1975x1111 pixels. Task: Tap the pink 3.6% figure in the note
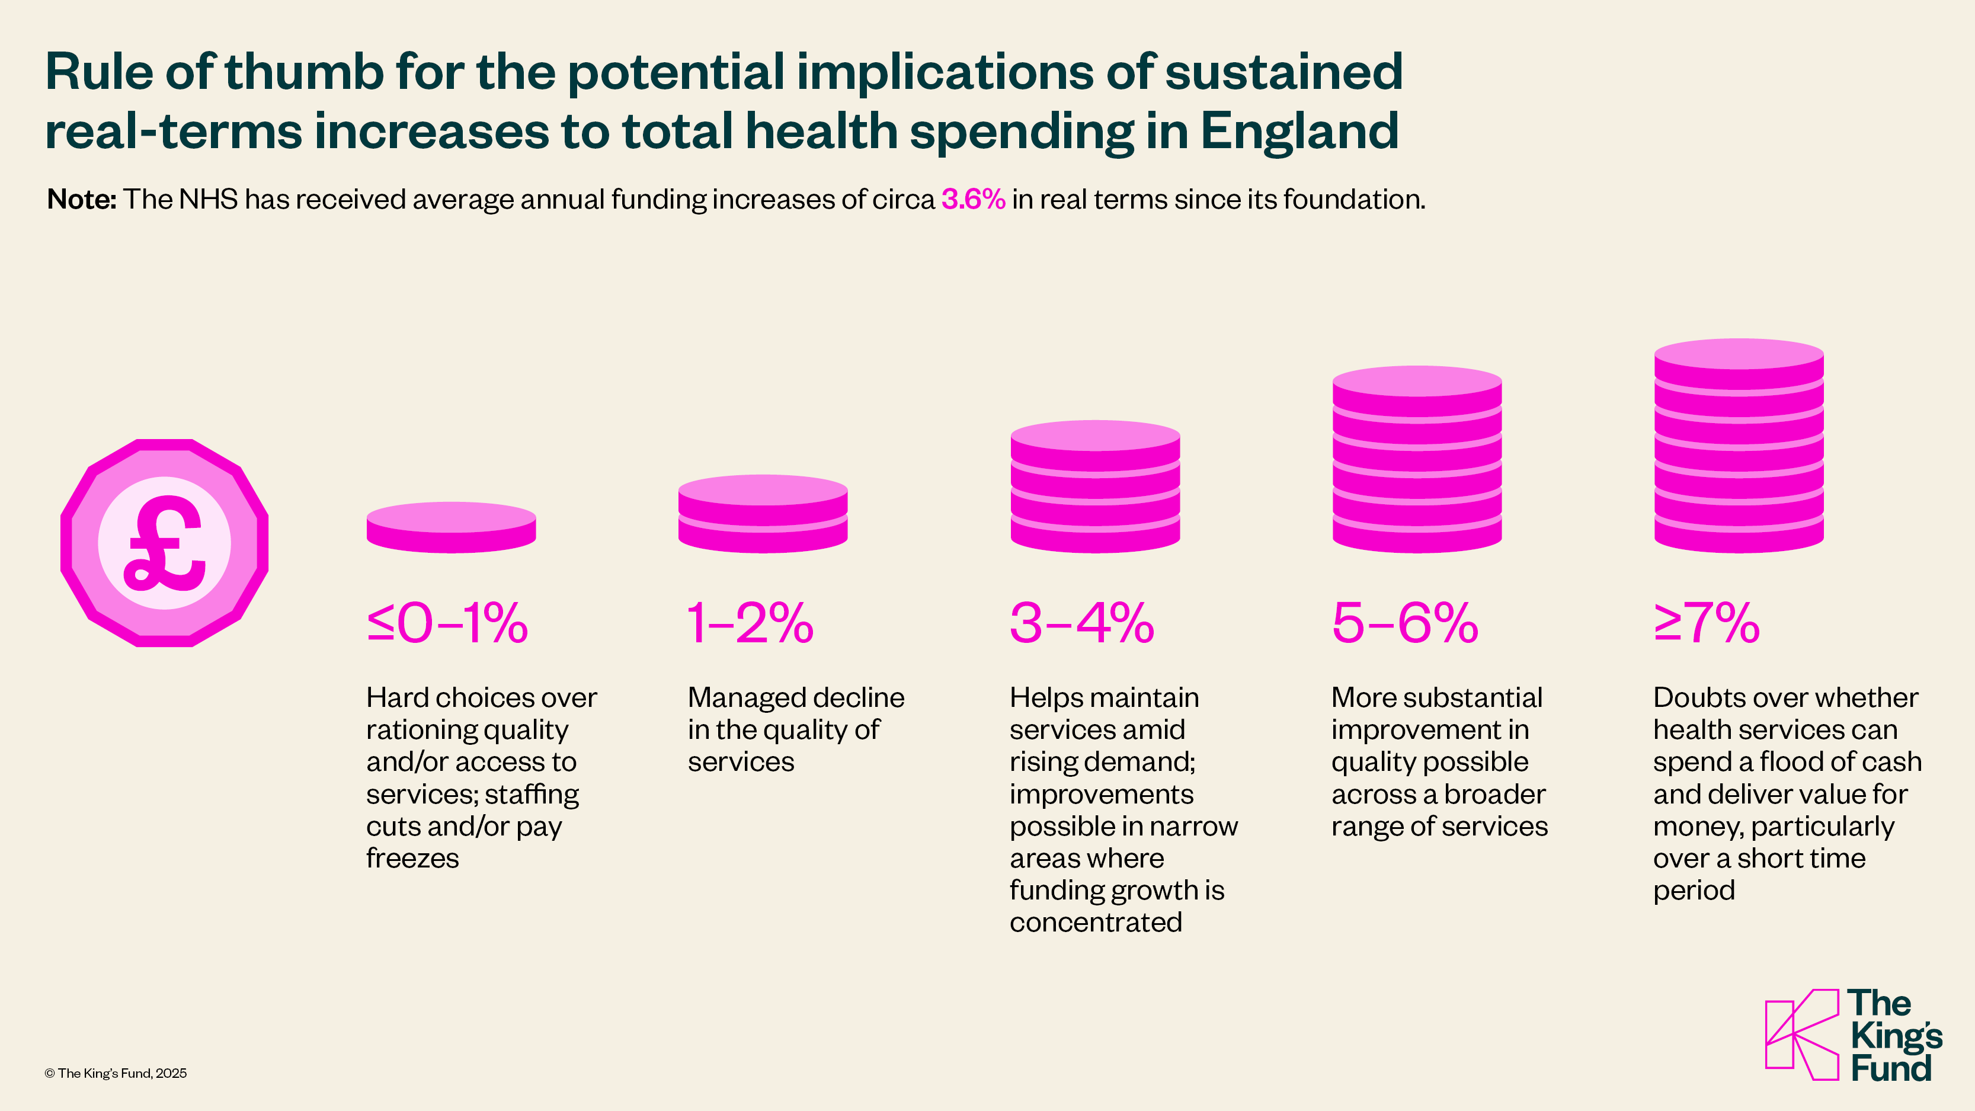[973, 199]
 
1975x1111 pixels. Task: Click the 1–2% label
[750, 623]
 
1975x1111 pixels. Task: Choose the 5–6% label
[1404, 623]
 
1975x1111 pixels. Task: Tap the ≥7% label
[1707, 623]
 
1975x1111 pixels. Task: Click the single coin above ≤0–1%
[451, 527]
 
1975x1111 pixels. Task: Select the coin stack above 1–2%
[763, 514]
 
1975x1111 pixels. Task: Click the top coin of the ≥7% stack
[1739, 355]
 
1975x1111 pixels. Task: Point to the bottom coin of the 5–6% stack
[1417, 537]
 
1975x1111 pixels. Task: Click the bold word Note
[81, 199]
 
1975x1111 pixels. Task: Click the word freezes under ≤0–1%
[412, 858]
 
